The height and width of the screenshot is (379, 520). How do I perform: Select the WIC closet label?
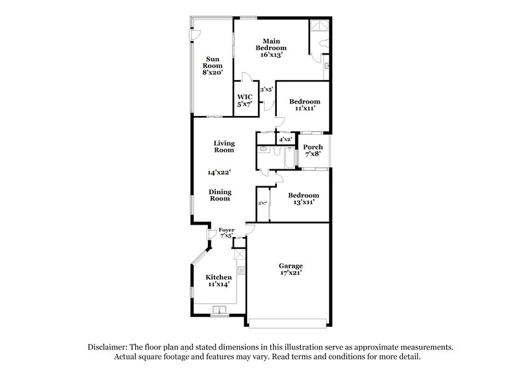tap(244, 100)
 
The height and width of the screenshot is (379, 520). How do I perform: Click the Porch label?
tap(313, 151)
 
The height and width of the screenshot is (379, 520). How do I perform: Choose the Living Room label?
tap(225, 147)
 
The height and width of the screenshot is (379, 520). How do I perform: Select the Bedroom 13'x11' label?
tap(304, 199)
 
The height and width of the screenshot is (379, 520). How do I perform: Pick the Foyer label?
tap(226, 232)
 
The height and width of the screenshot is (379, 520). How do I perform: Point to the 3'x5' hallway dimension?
tap(266, 89)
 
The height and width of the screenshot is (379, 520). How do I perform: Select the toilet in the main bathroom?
tap(324, 42)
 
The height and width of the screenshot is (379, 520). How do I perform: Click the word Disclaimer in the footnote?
tap(109, 348)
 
